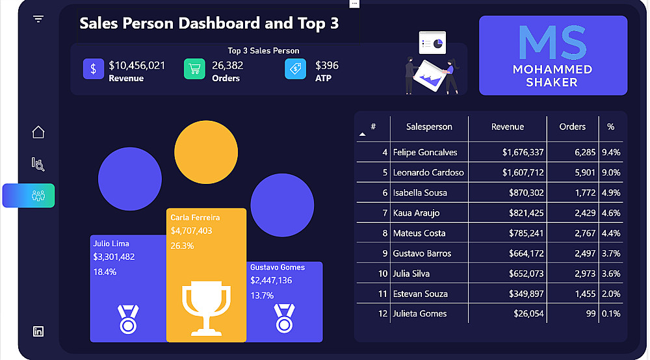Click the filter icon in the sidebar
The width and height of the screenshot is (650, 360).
[x=38, y=19]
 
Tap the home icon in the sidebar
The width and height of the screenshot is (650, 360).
[x=38, y=132]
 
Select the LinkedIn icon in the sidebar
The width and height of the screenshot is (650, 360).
[x=38, y=331]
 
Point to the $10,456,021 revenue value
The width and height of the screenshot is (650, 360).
[x=136, y=66]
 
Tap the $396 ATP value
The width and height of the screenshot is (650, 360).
[x=327, y=66]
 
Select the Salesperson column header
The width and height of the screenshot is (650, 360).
[x=429, y=127]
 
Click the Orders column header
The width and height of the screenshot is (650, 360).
[x=572, y=127]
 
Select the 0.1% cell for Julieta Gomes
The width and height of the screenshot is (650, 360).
[x=611, y=314]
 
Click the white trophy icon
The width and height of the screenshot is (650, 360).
[x=206, y=305]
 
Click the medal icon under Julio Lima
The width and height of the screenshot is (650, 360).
[x=128, y=319]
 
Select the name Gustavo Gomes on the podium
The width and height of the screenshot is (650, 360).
[x=278, y=267]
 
